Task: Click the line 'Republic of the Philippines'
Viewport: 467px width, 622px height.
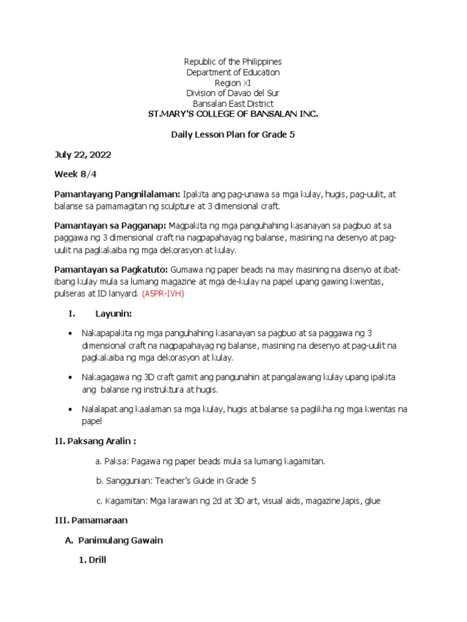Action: tap(233, 62)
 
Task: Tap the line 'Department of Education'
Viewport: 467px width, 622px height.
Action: tap(233, 72)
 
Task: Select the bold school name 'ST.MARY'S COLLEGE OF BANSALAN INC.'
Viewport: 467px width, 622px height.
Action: tap(233, 114)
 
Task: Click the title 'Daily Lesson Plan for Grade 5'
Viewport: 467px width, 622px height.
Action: tap(233, 134)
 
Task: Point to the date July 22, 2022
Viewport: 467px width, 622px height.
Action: tap(83, 155)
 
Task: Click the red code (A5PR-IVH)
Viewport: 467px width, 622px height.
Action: tap(162, 293)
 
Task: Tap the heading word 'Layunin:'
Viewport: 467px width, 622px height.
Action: tap(114, 313)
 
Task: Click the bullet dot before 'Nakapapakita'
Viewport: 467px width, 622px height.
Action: tap(72, 334)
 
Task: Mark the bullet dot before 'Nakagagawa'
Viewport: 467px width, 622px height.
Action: tap(72, 377)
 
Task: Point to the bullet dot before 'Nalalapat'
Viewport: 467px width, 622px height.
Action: tap(72, 409)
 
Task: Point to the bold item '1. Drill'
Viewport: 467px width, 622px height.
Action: tap(92, 560)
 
